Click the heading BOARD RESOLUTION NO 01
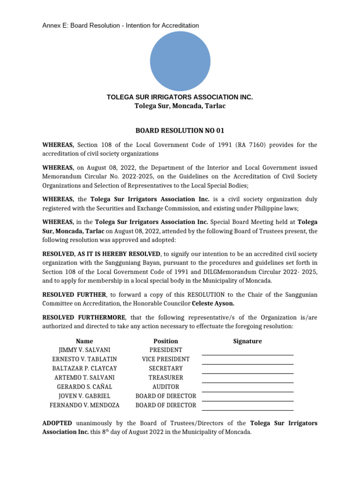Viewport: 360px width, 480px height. pyautogui.click(x=180, y=130)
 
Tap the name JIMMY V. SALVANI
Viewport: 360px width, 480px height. pyautogui.click(x=84, y=350)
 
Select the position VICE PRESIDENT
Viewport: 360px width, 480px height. pyautogui.click(x=166, y=359)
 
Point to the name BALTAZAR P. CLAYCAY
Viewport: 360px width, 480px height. pyautogui.click(x=84, y=368)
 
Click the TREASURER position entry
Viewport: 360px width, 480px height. pyautogui.click(x=166, y=377)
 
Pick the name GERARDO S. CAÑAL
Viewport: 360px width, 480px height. pyautogui.click(x=84, y=387)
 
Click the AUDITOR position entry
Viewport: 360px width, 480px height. pyautogui.click(x=166, y=387)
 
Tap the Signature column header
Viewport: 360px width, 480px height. pyautogui.click(x=247, y=341)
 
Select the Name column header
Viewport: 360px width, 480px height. pyautogui.click(x=84, y=341)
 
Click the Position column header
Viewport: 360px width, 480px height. pyautogui.click(x=166, y=341)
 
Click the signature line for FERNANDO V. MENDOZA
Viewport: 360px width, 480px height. pyautogui.click(x=247, y=409)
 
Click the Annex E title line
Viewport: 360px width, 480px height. pyautogui.click(x=120, y=25)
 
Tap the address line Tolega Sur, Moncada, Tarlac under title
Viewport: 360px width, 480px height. pyautogui.click(x=180, y=106)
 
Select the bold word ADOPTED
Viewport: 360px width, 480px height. pyautogui.click(x=57, y=423)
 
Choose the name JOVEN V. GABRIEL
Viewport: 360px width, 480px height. pyautogui.click(x=84, y=396)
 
